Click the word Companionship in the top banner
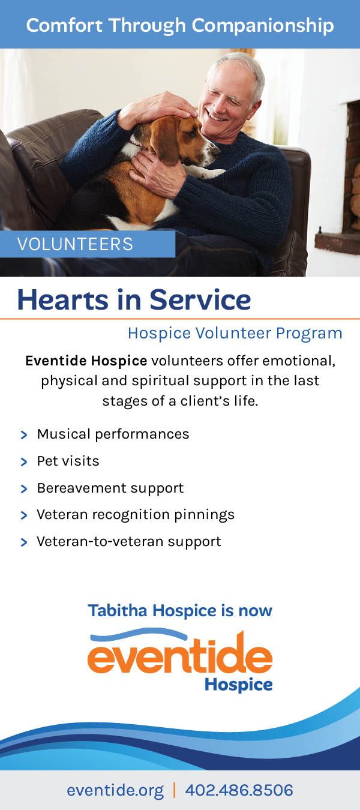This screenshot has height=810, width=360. click(x=263, y=26)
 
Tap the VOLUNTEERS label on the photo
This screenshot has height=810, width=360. click(x=75, y=244)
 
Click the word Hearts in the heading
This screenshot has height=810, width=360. click(x=63, y=300)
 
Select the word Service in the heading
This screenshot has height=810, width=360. click(x=200, y=300)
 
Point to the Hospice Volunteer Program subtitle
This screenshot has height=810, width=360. click(x=235, y=334)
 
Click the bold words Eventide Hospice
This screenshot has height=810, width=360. click(x=86, y=361)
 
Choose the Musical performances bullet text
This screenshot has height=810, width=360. click(x=113, y=434)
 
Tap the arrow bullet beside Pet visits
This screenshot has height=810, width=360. click(x=24, y=462)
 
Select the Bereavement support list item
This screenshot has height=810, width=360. click(x=110, y=488)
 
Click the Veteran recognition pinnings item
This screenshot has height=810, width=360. click(x=136, y=515)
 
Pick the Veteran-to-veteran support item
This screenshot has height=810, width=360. click(x=129, y=541)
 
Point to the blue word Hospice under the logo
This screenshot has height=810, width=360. click(x=239, y=685)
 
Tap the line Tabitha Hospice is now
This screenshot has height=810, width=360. click(x=180, y=611)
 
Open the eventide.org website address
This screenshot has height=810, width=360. click(x=115, y=790)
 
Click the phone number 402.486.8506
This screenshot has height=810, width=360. click(x=239, y=790)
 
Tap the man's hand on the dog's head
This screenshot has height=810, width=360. click(x=157, y=109)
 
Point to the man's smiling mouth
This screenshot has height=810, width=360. click(x=217, y=116)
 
